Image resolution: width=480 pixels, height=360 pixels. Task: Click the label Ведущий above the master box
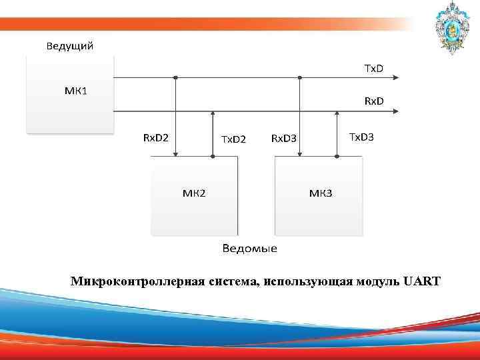pos(69,46)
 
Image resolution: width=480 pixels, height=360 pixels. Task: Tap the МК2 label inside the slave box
pos(194,193)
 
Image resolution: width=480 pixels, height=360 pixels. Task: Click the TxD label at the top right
pos(373,68)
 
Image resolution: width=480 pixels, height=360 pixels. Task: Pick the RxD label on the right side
pos(373,101)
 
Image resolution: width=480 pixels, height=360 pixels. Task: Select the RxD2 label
pos(156,137)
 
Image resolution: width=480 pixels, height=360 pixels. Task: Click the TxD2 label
pos(233,139)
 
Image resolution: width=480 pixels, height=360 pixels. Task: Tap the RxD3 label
pos(283,139)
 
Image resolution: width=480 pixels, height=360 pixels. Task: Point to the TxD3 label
pos(361,137)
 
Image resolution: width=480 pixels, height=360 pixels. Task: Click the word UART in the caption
pos(421,281)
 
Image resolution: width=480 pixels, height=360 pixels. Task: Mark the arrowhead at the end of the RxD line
pos(397,111)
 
